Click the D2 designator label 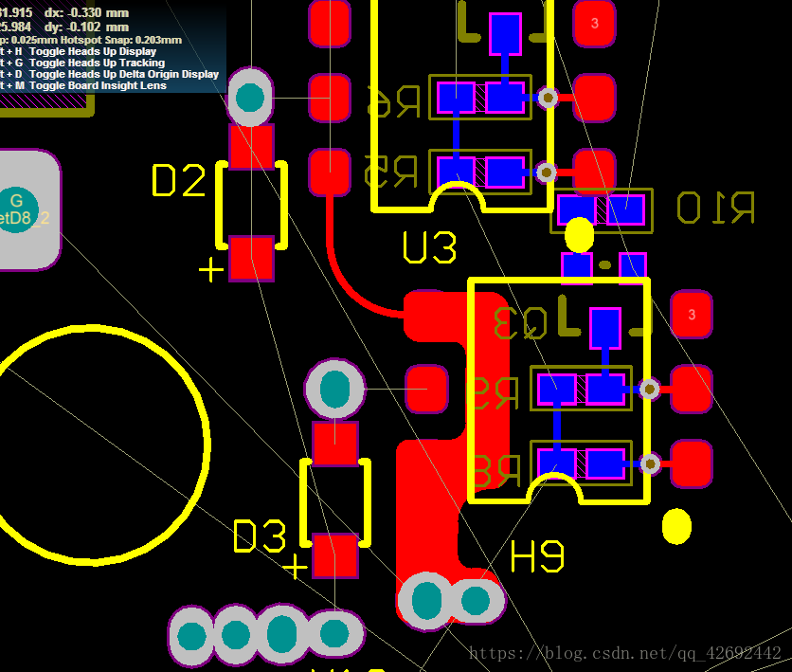tap(178, 181)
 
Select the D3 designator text tap(260, 536)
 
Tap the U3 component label tap(429, 248)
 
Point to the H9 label tap(537, 556)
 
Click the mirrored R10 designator tap(715, 208)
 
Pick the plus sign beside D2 tap(210, 270)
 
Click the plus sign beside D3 tap(296, 567)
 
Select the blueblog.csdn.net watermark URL tap(625, 653)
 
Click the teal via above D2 tap(250, 97)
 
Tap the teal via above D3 tap(334, 389)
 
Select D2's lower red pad tap(251, 258)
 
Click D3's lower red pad tap(334, 555)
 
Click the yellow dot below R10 tap(579, 233)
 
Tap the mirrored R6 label tap(393, 101)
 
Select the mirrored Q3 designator tap(521, 323)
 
